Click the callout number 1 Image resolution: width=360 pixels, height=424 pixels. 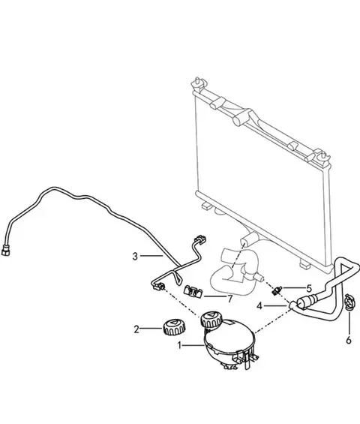pyautogui.click(x=179, y=345)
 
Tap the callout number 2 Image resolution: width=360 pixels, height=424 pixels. pyautogui.click(x=136, y=329)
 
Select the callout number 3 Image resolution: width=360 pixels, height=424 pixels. pyautogui.click(x=135, y=256)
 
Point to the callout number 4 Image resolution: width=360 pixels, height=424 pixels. pyautogui.click(x=259, y=306)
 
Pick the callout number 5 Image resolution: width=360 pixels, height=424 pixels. pyautogui.click(x=309, y=288)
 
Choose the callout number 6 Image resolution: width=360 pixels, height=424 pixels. pyautogui.click(x=349, y=340)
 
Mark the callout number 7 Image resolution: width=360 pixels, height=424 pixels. pyautogui.click(x=230, y=299)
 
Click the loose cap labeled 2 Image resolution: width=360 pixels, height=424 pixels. pyautogui.click(x=174, y=326)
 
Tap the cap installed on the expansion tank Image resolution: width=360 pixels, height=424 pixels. pyautogui.click(x=211, y=320)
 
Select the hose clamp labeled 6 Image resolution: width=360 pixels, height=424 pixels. pyautogui.click(x=350, y=302)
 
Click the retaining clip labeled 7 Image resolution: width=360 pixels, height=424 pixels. pyautogui.click(x=193, y=292)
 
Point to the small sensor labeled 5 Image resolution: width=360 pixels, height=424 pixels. pyautogui.click(x=277, y=290)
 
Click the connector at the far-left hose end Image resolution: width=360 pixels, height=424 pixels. pyautogui.click(x=5, y=251)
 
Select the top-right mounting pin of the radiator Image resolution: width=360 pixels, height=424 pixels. pyautogui.click(x=322, y=156)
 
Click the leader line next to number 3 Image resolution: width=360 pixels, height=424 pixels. pyautogui.click(x=151, y=256)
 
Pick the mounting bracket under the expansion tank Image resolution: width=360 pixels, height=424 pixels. pyautogui.click(x=246, y=359)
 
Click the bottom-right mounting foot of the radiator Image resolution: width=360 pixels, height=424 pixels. pyautogui.click(x=304, y=264)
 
